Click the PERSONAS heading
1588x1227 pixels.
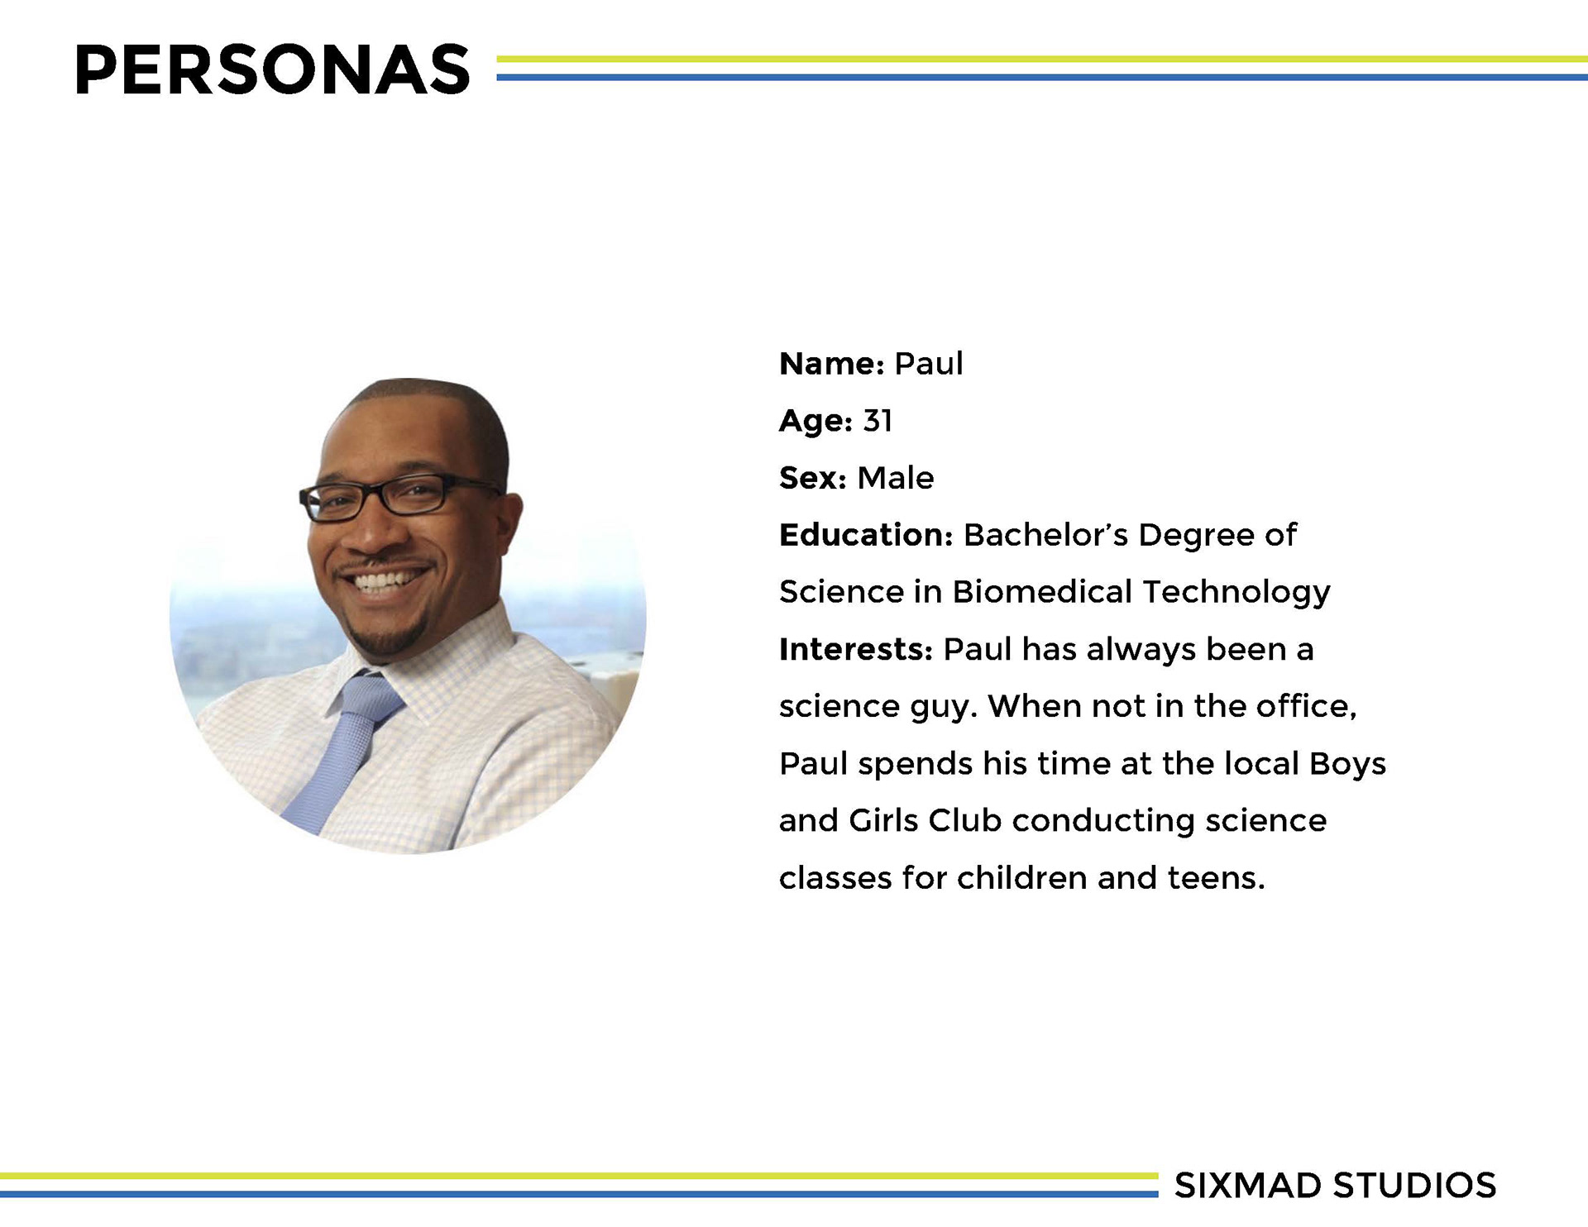(x=272, y=69)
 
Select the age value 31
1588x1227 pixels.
(x=878, y=421)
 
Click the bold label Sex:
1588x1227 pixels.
(x=813, y=478)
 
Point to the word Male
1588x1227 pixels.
(x=896, y=478)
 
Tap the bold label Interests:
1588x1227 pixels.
(x=856, y=649)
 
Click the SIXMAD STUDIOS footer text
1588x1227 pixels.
(x=1335, y=1186)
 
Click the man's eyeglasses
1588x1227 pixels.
(x=397, y=497)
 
